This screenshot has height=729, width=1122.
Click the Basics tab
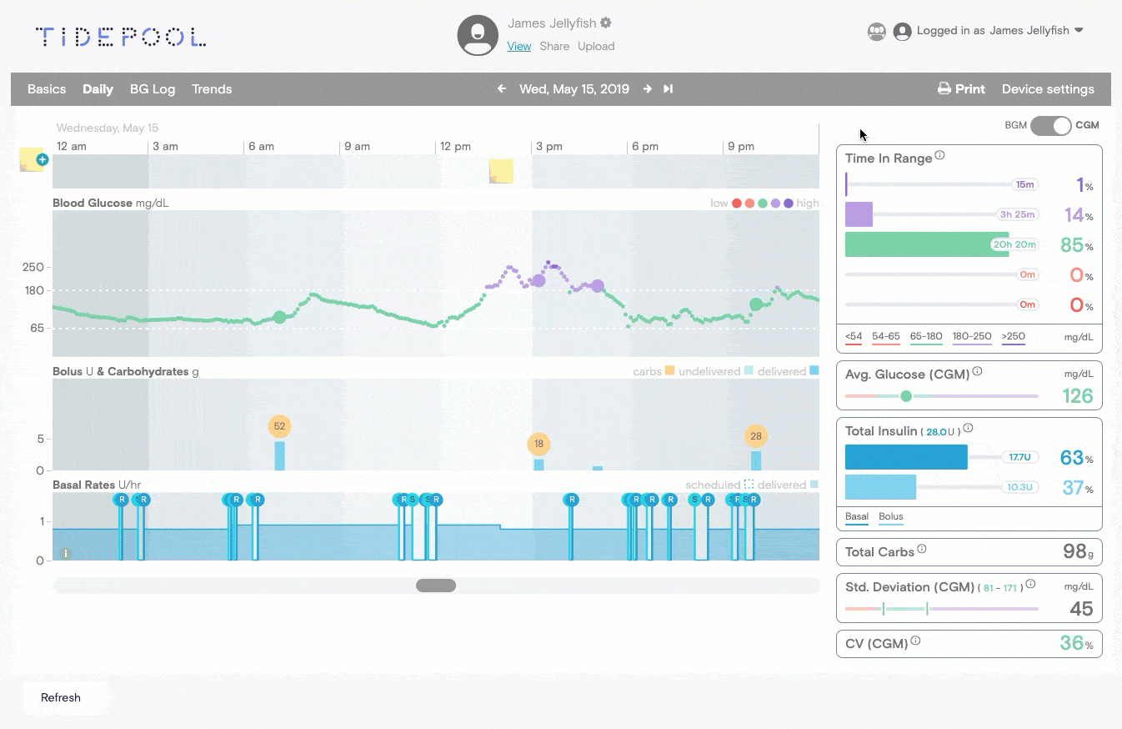pyautogui.click(x=47, y=89)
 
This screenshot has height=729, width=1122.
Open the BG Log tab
pyautogui.click(x=153, y=89)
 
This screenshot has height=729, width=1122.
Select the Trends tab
pyautogui.click(x=212, y=89)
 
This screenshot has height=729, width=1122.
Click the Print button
pyautogui.click(x=961, y=89)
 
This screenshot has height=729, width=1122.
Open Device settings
pyautogui.click(x=1048, y=89)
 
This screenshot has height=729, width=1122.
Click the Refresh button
pyautogui.click(x=61, y=697)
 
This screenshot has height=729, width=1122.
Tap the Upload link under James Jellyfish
pyautogui.click(x=596, y=47)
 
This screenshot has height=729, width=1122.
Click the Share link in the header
pyautogui.click(x=554, y=47)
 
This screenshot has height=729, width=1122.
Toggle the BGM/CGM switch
pyautogui.click(x=1050, y=126)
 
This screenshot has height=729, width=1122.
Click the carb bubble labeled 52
pyautogui.click(x=279, y=426)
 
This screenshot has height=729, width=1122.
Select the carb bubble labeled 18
pyautogui.click(x=538, y=444)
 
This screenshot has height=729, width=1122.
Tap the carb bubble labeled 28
pyautogui.click(x=756, y=435)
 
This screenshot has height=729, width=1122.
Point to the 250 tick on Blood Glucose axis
pyautogui.click(x=33, y=267)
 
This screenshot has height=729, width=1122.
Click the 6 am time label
pyautogui.click(x=261, y=147)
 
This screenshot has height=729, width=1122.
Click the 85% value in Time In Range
pyautogui.click(x=1072, y=245)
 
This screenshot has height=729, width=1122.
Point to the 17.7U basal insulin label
pyautogui.click(x=1020, y=457)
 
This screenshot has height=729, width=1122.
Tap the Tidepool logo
pyautogui.click(x=121, y=37)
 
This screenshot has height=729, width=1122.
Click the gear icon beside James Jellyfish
pyautogui.click(x=606, y=23)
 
